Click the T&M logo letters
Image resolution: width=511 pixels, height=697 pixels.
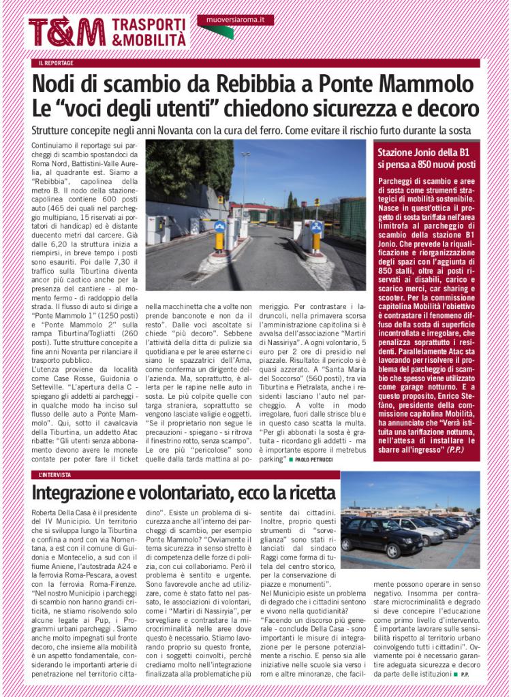(x=66, y=32)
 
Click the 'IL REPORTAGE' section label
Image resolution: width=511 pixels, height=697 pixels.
(x=57, y=63)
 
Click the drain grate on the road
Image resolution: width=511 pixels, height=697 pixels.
(x=196, y=275)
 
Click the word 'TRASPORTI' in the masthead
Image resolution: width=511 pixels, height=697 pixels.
(x=149, y=24)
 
